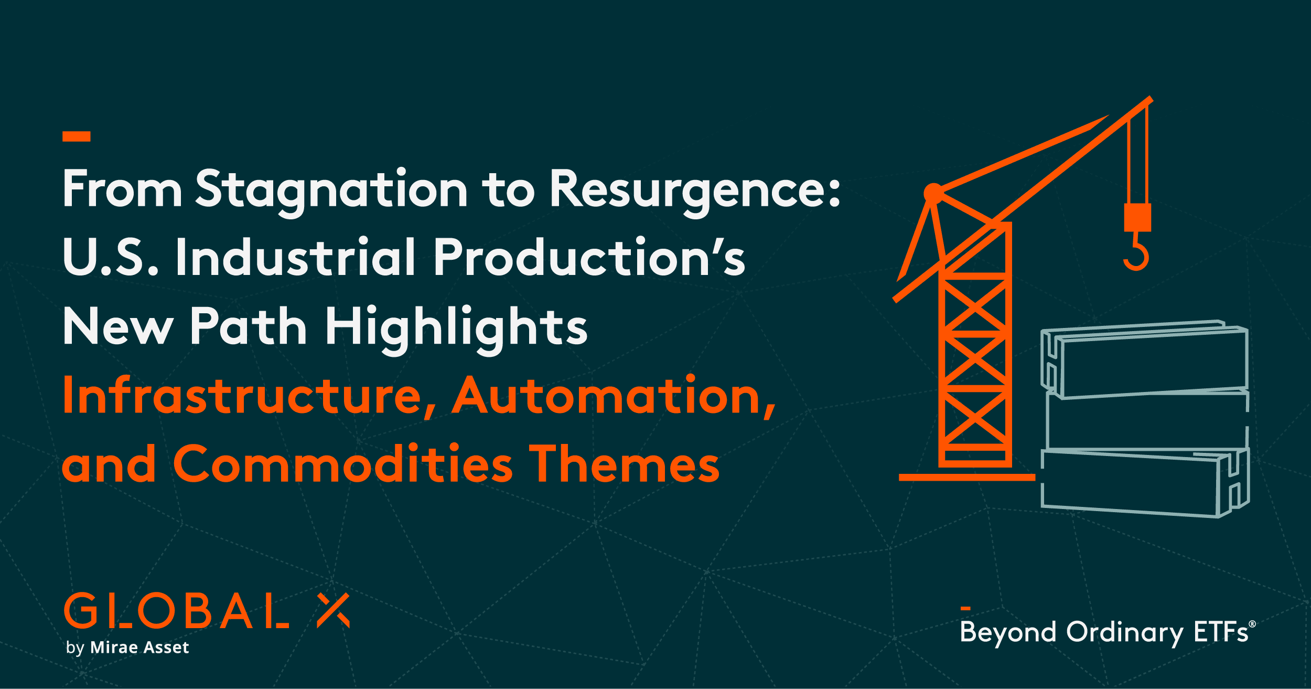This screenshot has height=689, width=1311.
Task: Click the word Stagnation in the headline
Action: (330, 190)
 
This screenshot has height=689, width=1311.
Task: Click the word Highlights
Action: (456, 327)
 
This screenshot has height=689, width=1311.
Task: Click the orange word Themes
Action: (624, 464)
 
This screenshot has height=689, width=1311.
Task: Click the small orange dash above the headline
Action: (77, 136)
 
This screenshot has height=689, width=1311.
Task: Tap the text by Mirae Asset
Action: (127, 648)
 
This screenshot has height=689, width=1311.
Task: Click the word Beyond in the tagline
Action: (1007, 632)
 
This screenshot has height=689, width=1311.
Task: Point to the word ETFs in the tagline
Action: (1221, 632)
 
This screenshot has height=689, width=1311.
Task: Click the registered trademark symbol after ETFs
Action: (1252, 624)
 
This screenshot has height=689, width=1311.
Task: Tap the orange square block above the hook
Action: (1137, 217)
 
